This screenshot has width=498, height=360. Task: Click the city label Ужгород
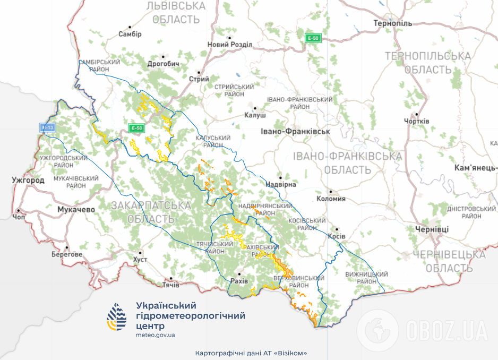coord(28,181)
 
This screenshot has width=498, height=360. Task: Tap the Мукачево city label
coord(76,210)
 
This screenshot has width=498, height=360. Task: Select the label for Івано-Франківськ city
coord(296,131)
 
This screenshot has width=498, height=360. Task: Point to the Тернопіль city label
coord(392,24)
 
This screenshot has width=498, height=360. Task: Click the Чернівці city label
coord(428,229)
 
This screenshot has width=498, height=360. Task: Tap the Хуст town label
coord(140,259)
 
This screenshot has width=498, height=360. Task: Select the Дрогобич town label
coord(164,64)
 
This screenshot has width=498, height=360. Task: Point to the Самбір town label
coord(131,34)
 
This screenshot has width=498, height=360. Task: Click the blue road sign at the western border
coord(48,127)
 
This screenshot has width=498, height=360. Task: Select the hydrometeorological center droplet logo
coord(117,317)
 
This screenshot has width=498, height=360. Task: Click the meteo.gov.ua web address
coord(155,336)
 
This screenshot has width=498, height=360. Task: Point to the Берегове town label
coord(67,254)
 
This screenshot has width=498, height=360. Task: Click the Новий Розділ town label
coord(229,45)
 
